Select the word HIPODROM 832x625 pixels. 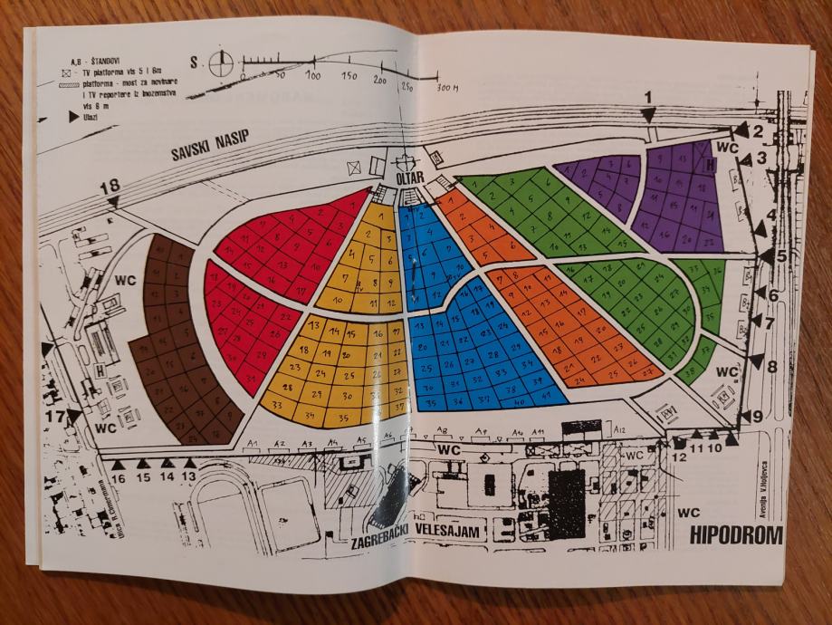click(x=736, y=535)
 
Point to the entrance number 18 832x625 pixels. click(x=110, y=186)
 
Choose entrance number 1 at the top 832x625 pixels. click(x=647, y=97)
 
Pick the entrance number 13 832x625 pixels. click(x=189, y=475)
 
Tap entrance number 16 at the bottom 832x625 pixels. click(x=118, y=476)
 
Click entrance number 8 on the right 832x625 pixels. click(x=771, y=366)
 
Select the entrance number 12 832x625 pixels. click(x=679, y=457)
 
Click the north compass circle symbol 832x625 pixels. click(x=222, y=63)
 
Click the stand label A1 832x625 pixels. click(x=254, y=443)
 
